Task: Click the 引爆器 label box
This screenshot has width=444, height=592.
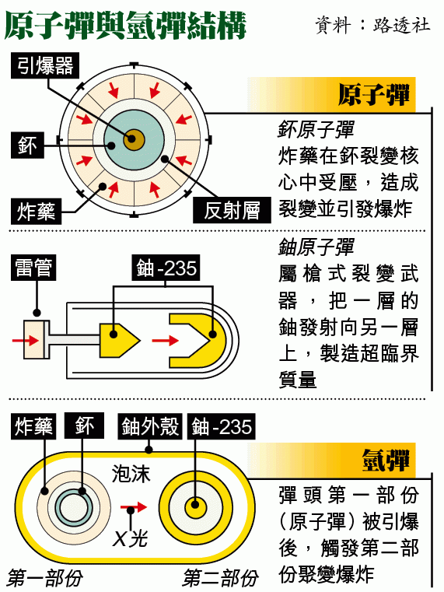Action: click(x=45, y=65)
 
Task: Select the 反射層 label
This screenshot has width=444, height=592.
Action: click(x=232, y=210)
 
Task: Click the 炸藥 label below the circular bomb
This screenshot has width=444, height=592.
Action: click(x=36, y=211)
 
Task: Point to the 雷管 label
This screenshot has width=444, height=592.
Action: click(x=33, y=268)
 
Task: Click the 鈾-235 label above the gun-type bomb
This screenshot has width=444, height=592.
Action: click(x=166, y=268)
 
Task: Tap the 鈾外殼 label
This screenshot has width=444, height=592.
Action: click(x=150, y=426)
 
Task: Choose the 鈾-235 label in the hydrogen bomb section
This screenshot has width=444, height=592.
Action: click(x=221, y=426)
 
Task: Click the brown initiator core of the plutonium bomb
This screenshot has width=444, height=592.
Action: click(x=134, y=139)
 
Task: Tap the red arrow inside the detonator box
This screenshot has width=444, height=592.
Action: click(x=26, y=340)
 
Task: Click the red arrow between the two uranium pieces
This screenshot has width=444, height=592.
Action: click(x=165, y=340)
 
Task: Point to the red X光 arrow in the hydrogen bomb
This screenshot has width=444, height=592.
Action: click(x=134, y=506)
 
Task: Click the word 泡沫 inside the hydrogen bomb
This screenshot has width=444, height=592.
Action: click(x=131, y=474)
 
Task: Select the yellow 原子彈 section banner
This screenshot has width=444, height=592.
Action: click(x=331, y=94)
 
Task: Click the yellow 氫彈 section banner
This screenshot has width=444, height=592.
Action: click(x=331, y=461)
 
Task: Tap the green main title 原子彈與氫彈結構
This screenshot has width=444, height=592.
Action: click(x=125, y=26)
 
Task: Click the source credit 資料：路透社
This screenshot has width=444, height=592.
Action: click(x=372, y=25)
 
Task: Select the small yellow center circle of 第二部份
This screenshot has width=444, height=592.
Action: click(x=195, y=506)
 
